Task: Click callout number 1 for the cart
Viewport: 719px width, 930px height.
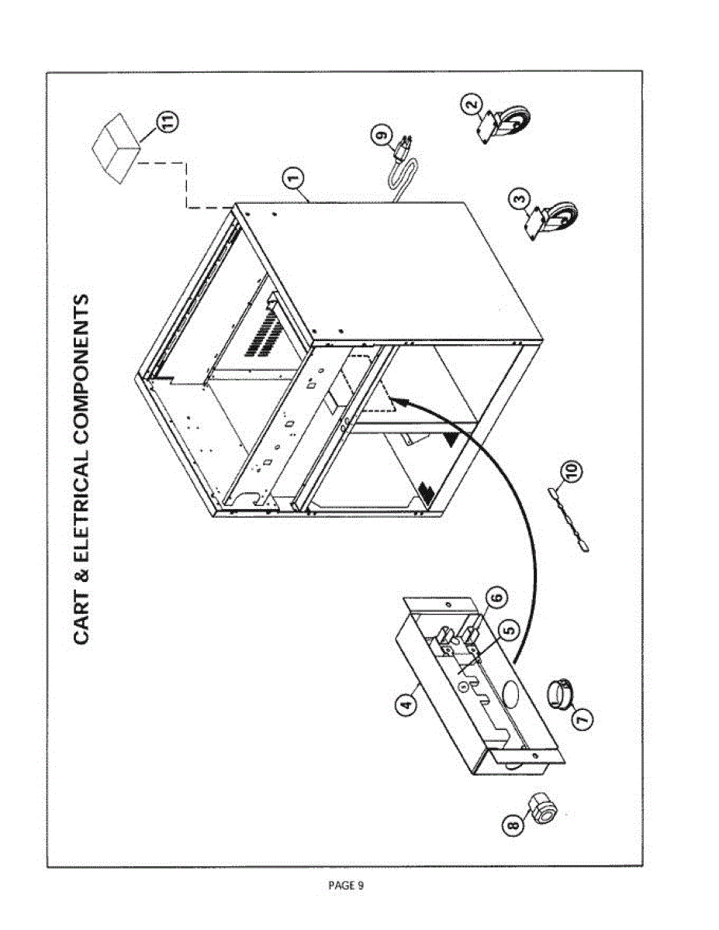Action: click(x=292, y=180)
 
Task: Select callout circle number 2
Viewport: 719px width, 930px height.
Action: click(x=472, y=103)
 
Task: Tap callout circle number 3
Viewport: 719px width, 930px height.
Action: click(x=520, y=200)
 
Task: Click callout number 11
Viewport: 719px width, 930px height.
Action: click(x=167, y=122)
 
